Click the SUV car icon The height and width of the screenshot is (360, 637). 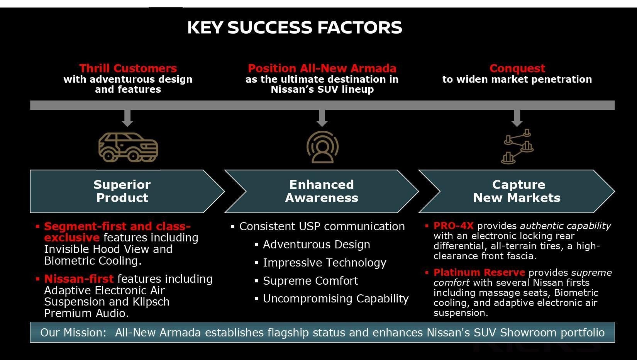128,147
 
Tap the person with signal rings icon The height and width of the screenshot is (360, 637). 322,147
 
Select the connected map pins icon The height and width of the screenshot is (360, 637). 517,146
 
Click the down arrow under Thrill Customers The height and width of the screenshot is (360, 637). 127,118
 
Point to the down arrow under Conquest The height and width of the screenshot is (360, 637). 517,118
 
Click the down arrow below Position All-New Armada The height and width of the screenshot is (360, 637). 322,118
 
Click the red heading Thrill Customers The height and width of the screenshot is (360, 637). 128,68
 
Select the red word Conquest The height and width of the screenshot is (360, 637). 517,68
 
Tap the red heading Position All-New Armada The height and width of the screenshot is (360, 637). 322,68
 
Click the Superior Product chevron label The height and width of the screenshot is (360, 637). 122,191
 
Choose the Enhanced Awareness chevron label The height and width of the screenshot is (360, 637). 322,191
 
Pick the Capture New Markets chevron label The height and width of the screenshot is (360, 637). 517,191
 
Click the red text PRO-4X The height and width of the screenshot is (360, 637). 453,226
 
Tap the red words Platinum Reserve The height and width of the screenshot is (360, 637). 479,272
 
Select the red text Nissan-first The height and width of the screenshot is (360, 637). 79,279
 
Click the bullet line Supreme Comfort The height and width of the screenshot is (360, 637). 310,281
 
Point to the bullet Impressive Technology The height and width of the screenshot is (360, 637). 324,263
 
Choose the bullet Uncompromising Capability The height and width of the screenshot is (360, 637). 335,299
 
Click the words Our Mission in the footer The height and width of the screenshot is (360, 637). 73,333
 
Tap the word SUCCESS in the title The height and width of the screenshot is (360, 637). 270,28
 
